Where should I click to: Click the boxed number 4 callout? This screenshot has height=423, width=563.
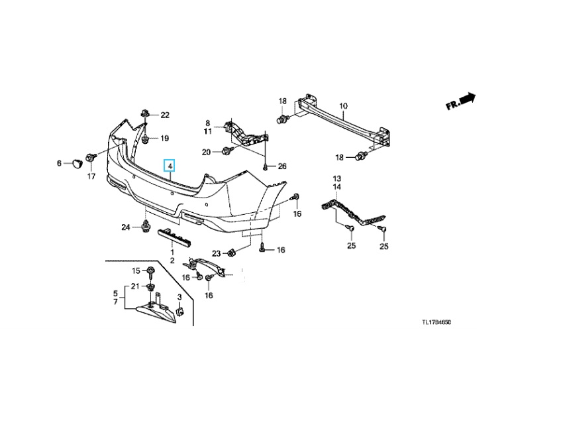(x=170, y=165)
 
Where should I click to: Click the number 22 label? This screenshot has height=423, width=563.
(x=164, y=115)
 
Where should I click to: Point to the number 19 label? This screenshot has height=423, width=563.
(x=164, y=139)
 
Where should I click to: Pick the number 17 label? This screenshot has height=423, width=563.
(x=91, y=177)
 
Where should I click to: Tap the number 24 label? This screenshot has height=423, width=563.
(x=126, y=227)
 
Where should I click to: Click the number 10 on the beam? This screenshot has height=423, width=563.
(x=343, y=106)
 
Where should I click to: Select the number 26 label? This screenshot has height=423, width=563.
(x=283, y=166)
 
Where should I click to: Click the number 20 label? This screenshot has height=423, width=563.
(x=206, y=152)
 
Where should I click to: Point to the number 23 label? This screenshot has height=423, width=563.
(x=216, y=253)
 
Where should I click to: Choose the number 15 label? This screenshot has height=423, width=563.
(x=135, y=271)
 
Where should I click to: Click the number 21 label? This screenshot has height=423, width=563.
(x=135, y=286)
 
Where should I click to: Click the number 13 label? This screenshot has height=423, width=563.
(x=336, y=179)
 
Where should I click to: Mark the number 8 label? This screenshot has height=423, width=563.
(x=207, y=123)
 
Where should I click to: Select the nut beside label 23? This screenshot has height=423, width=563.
(x=231, y=253)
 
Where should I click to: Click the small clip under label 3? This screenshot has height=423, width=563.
(x=179, y=310)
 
